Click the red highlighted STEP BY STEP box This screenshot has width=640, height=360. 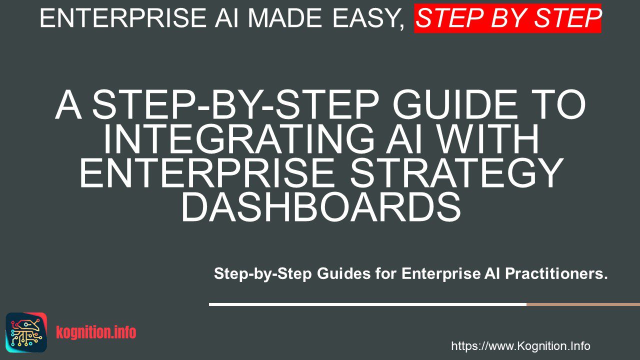click(x=507, y=18)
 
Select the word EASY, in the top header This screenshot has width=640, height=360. click(x=369, y=19)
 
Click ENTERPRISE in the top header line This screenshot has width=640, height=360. click(x=123, y=18)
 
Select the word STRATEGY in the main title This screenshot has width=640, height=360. click(x=457, y=172)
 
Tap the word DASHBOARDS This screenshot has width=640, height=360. click(x=321, y=207)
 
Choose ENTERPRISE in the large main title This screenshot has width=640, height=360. click(x=206, y=172)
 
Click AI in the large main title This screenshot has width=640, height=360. click(x=403, y=138)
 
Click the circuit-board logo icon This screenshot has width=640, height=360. click(x=26, y=332)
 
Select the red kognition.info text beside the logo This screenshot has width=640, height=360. click(x=96, y=332)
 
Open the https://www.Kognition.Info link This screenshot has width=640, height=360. click(x=520, y=346)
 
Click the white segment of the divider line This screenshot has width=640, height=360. click(x=367, y=304)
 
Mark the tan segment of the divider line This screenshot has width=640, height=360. click(x=583, y=304)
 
